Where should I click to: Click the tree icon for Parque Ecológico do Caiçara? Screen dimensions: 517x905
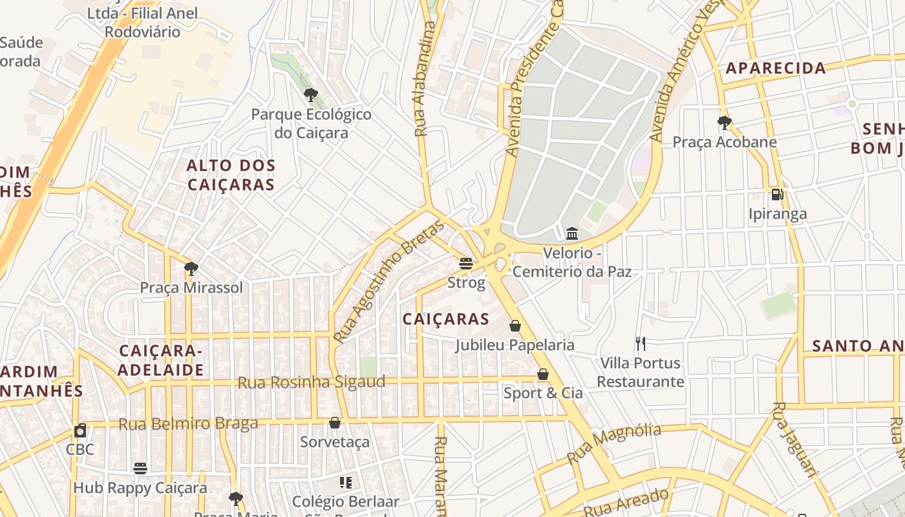pos(311,95)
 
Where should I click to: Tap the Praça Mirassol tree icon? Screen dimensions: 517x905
pos(191,268)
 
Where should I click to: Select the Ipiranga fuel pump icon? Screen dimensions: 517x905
pos(777,194)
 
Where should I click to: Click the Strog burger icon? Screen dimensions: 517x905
pos(465,263)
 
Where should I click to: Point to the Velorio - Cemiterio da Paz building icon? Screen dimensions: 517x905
pos(572,233)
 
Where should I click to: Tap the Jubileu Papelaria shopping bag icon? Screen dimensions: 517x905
pos(515,326)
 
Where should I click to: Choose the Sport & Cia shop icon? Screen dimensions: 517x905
pos(543,374)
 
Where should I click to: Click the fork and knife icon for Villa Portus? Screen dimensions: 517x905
pos(641,343)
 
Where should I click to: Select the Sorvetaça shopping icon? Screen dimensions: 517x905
pos(335,423)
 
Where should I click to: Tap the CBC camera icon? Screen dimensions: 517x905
pos(80,430)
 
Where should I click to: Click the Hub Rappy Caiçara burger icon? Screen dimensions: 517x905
pos(140,468)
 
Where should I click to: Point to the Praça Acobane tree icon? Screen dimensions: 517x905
pos(725,122)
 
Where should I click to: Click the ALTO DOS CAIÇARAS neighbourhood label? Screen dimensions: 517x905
pos(231,175)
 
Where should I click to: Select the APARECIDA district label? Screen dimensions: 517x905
pos(776,68)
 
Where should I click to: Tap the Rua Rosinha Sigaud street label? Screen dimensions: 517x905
pos(312,382)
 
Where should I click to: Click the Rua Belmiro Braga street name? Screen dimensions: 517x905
pos(188,424)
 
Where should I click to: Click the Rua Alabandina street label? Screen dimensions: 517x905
pos(423,79)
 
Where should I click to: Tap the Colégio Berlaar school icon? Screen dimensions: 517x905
pos(346,482)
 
